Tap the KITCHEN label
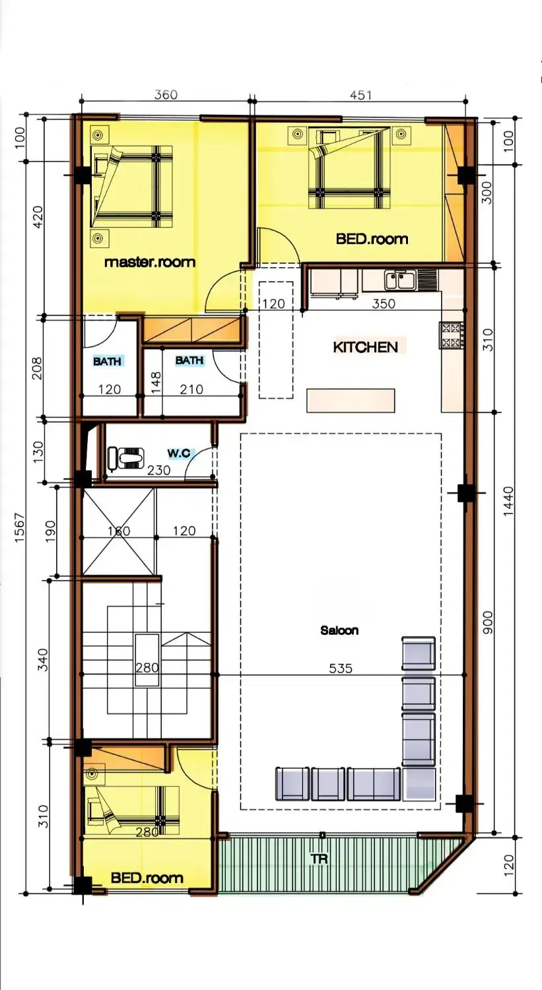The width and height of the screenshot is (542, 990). [365, 347]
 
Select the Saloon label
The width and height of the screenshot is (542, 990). [339, 630]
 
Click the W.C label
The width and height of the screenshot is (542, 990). [179, 453]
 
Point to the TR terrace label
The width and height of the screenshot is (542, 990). [319, 859]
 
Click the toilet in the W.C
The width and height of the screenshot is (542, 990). [126, 457]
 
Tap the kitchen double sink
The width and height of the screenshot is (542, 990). [399, 280]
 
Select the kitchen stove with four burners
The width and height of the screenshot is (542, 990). [452, 335]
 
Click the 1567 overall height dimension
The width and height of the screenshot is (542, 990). [20, 527]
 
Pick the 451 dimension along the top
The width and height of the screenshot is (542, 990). [360, 95]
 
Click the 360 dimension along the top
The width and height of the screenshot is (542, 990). [166, 94]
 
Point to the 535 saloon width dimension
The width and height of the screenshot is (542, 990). [341, 668]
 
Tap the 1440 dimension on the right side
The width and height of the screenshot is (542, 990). [508, 501]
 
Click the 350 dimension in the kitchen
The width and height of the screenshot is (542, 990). [384, 304]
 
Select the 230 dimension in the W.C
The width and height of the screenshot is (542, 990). [158, 470]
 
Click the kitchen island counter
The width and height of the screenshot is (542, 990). [351, 401]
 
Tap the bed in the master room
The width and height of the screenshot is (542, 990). [131, 187]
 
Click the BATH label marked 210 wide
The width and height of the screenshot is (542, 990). [189, 360]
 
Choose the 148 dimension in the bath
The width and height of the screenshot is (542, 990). [156, 383]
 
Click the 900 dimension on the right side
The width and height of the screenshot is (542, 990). [487, 623]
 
